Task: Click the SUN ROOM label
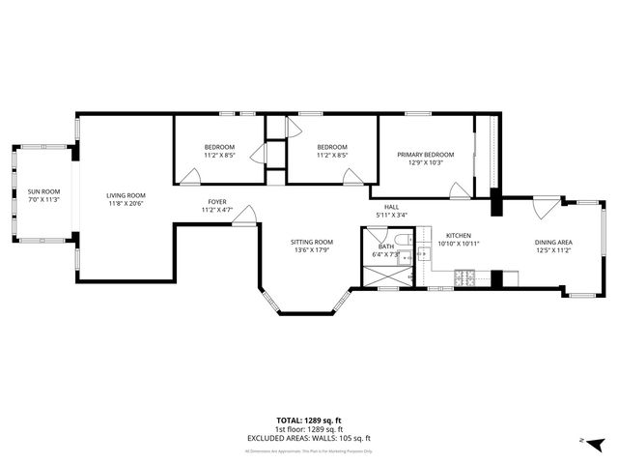tap(42, 191)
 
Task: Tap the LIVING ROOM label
tap(126, 195)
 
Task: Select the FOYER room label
tap(216, 202)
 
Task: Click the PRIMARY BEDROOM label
tap(425, 155)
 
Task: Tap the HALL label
tap(391, 207)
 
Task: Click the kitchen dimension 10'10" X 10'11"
tap(458, 244)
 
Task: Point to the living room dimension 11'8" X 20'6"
tap(126, 203)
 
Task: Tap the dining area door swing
tap(548, 205)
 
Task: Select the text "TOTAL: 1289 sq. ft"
tap(308, 420)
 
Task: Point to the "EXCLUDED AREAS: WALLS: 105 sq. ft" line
tap(308, 438)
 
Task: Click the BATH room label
tap(385, 246)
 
